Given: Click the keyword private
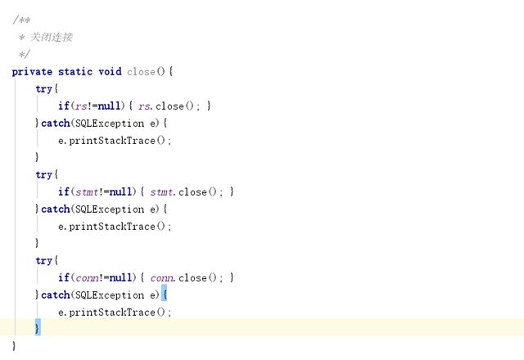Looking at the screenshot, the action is click(x=32, y=72).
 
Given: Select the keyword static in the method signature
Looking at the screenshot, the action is click(x=75, y=72).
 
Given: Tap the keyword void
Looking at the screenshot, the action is click(x=110, y=72).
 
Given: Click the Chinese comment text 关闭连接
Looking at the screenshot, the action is click(x=52, y=37).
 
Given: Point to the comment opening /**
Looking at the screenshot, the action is click(x=21, y=20).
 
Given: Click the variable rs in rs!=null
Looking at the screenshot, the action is click(x=80, y=106).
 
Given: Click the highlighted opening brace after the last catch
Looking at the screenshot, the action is click(x=164, y=295).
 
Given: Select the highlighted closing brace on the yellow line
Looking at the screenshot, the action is click(x=37, y=328).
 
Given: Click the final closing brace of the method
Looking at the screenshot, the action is click(x=14, y=346).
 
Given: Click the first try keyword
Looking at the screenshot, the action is click(x=44, y=89).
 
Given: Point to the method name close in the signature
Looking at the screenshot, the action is click(x=141, y=72).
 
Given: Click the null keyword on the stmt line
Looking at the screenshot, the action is click(x=120, y=192).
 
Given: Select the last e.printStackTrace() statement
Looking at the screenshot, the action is click(x=115, y=313).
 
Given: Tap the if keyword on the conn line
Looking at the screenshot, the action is click(x=63, y=278).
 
